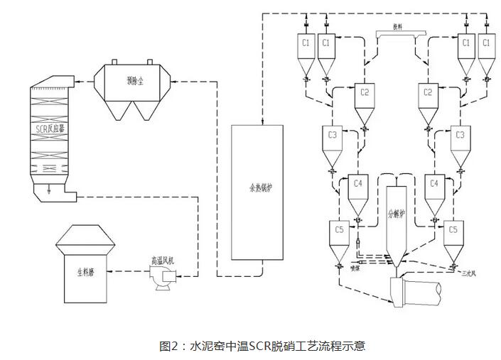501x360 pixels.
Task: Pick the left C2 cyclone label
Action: point(365,93)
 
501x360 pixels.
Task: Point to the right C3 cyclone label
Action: point(460,133)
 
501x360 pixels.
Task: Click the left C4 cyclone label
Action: point(358,183)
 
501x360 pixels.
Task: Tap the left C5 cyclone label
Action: point(340,229)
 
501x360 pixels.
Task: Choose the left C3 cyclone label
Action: point(333,133)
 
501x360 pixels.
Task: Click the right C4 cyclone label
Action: point(436,183)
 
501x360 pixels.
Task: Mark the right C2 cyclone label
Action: point(428,93)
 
